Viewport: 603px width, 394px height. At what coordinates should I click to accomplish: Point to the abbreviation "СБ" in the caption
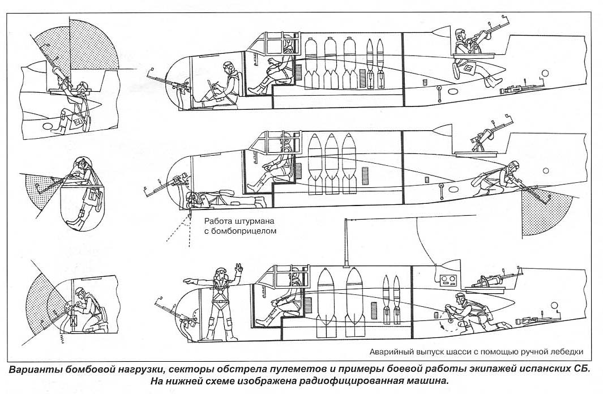point(581,369)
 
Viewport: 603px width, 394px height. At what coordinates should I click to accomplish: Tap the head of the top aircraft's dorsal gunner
point(462,33)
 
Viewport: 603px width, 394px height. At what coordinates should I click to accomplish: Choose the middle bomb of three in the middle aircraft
point(331,159)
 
